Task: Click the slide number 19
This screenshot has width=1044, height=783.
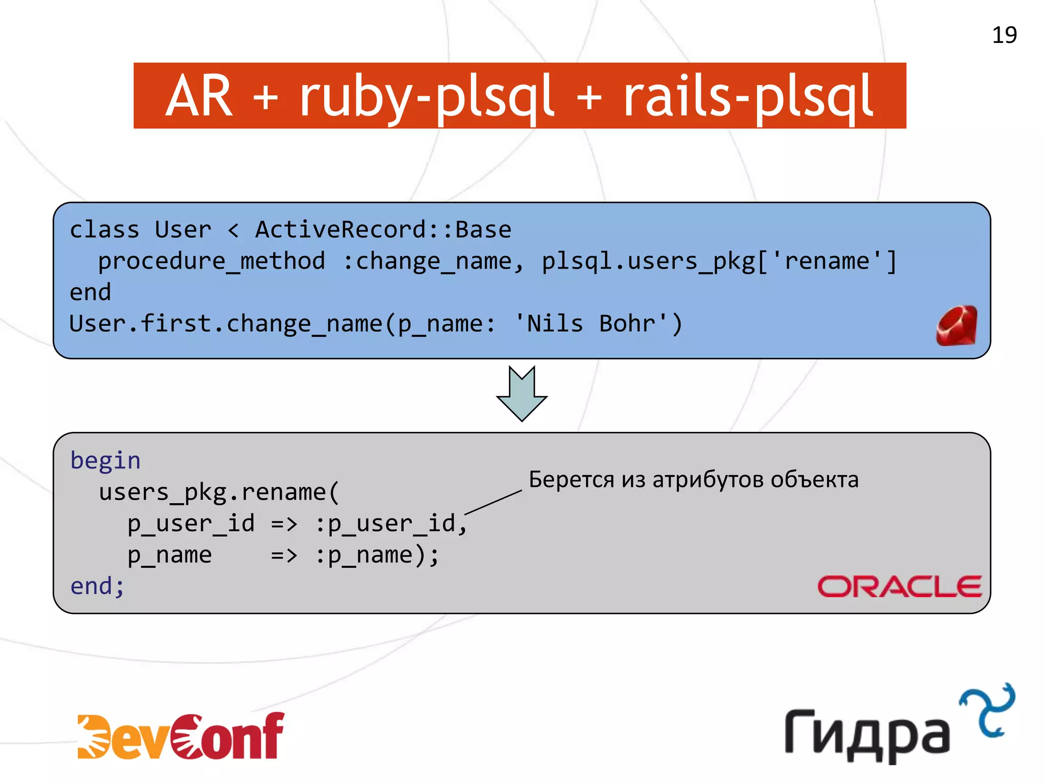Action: point(1004,35)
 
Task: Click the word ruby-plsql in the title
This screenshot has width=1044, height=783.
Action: point(427,96)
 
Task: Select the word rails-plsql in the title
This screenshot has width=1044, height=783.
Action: point(748,96)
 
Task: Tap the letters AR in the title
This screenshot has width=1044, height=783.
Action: point(199,96)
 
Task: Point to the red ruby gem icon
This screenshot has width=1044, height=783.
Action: point(957,326)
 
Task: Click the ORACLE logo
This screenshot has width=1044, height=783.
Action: point(900,586)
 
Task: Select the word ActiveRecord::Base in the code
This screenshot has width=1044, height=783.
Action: point(383,230)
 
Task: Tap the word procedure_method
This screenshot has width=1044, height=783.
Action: point(212,262)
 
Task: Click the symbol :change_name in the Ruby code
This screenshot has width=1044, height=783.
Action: point(433,262)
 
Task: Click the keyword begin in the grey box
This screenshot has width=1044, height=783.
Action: point(105,461)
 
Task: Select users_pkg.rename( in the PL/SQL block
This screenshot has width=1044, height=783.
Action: point(219,492)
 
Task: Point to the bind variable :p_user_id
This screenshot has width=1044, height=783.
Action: point(390,524)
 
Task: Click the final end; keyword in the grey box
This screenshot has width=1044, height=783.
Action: point(97,586)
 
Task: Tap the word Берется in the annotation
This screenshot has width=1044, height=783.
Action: point(571,480)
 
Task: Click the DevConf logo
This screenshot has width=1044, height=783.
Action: point(180,736)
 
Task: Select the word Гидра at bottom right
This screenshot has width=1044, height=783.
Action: point(867,735)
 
